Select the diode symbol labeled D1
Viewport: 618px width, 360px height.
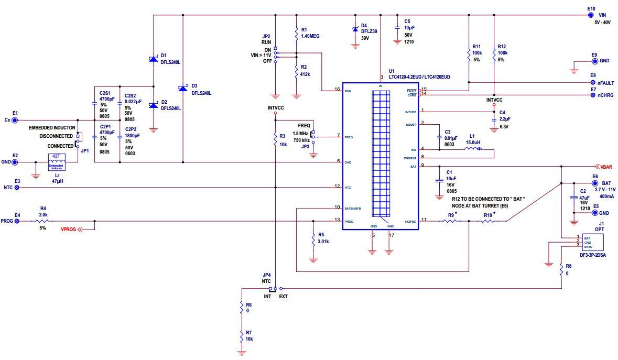tap(153, 59)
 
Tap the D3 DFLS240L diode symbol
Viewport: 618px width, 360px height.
tap(182, 89)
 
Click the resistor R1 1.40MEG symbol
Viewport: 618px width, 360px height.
tap(296, 34)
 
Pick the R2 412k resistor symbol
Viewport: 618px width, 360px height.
tap(296, 70)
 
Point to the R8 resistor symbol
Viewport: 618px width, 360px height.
tap(561, 270)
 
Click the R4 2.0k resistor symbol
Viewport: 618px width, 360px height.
tap(43, 221)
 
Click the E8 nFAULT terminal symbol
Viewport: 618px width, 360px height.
tap(593, 82)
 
